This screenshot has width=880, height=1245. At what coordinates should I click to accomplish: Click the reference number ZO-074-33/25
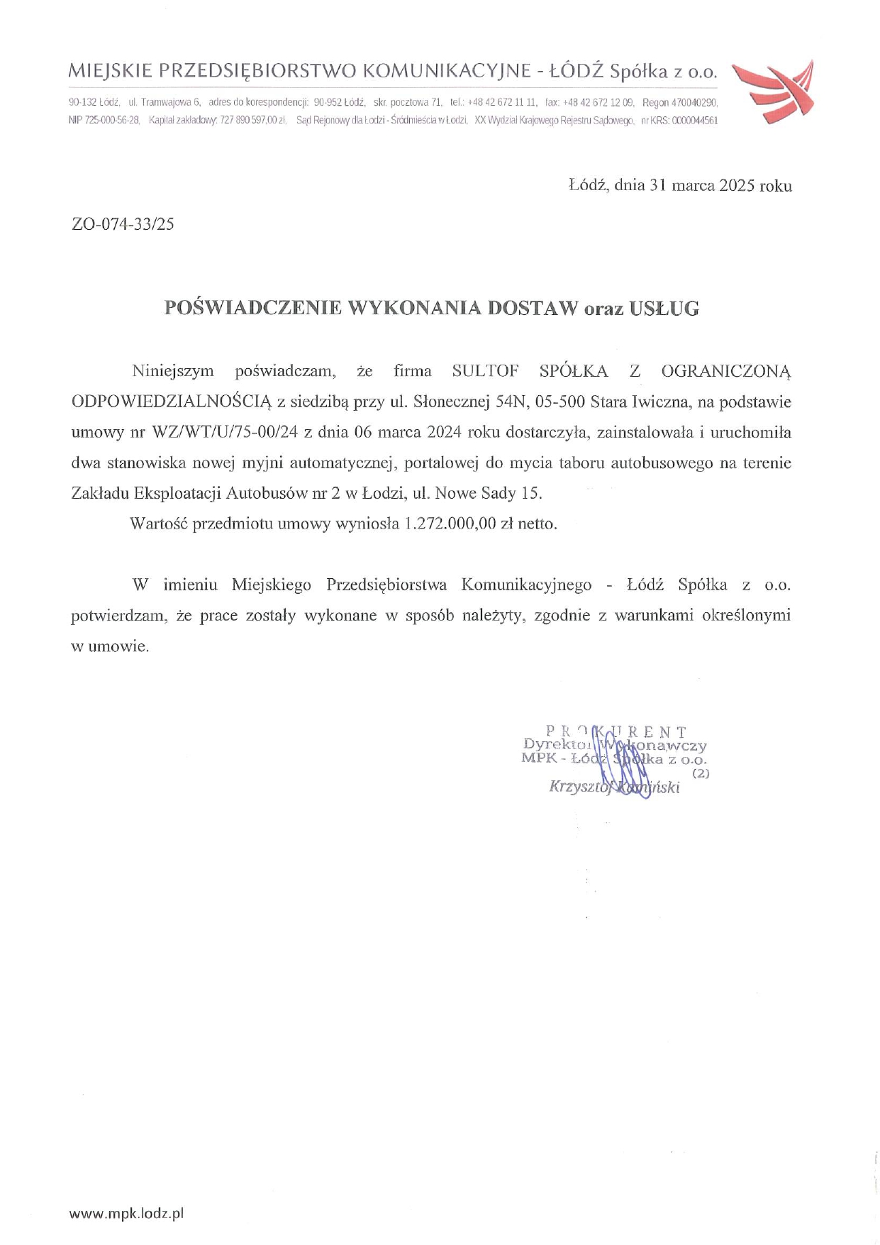[x=123, y=225]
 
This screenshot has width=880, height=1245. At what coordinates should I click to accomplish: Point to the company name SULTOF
[x=485, y=371]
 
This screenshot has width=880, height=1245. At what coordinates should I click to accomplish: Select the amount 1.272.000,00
[x=449, y=524]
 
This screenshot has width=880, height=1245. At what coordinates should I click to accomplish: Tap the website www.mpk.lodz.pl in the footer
[x=126, y=1213]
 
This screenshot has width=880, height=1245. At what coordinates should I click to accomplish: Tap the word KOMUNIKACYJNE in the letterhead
[x=446, y=71]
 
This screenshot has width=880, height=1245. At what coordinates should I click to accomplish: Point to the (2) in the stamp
[x=701, y=773]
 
